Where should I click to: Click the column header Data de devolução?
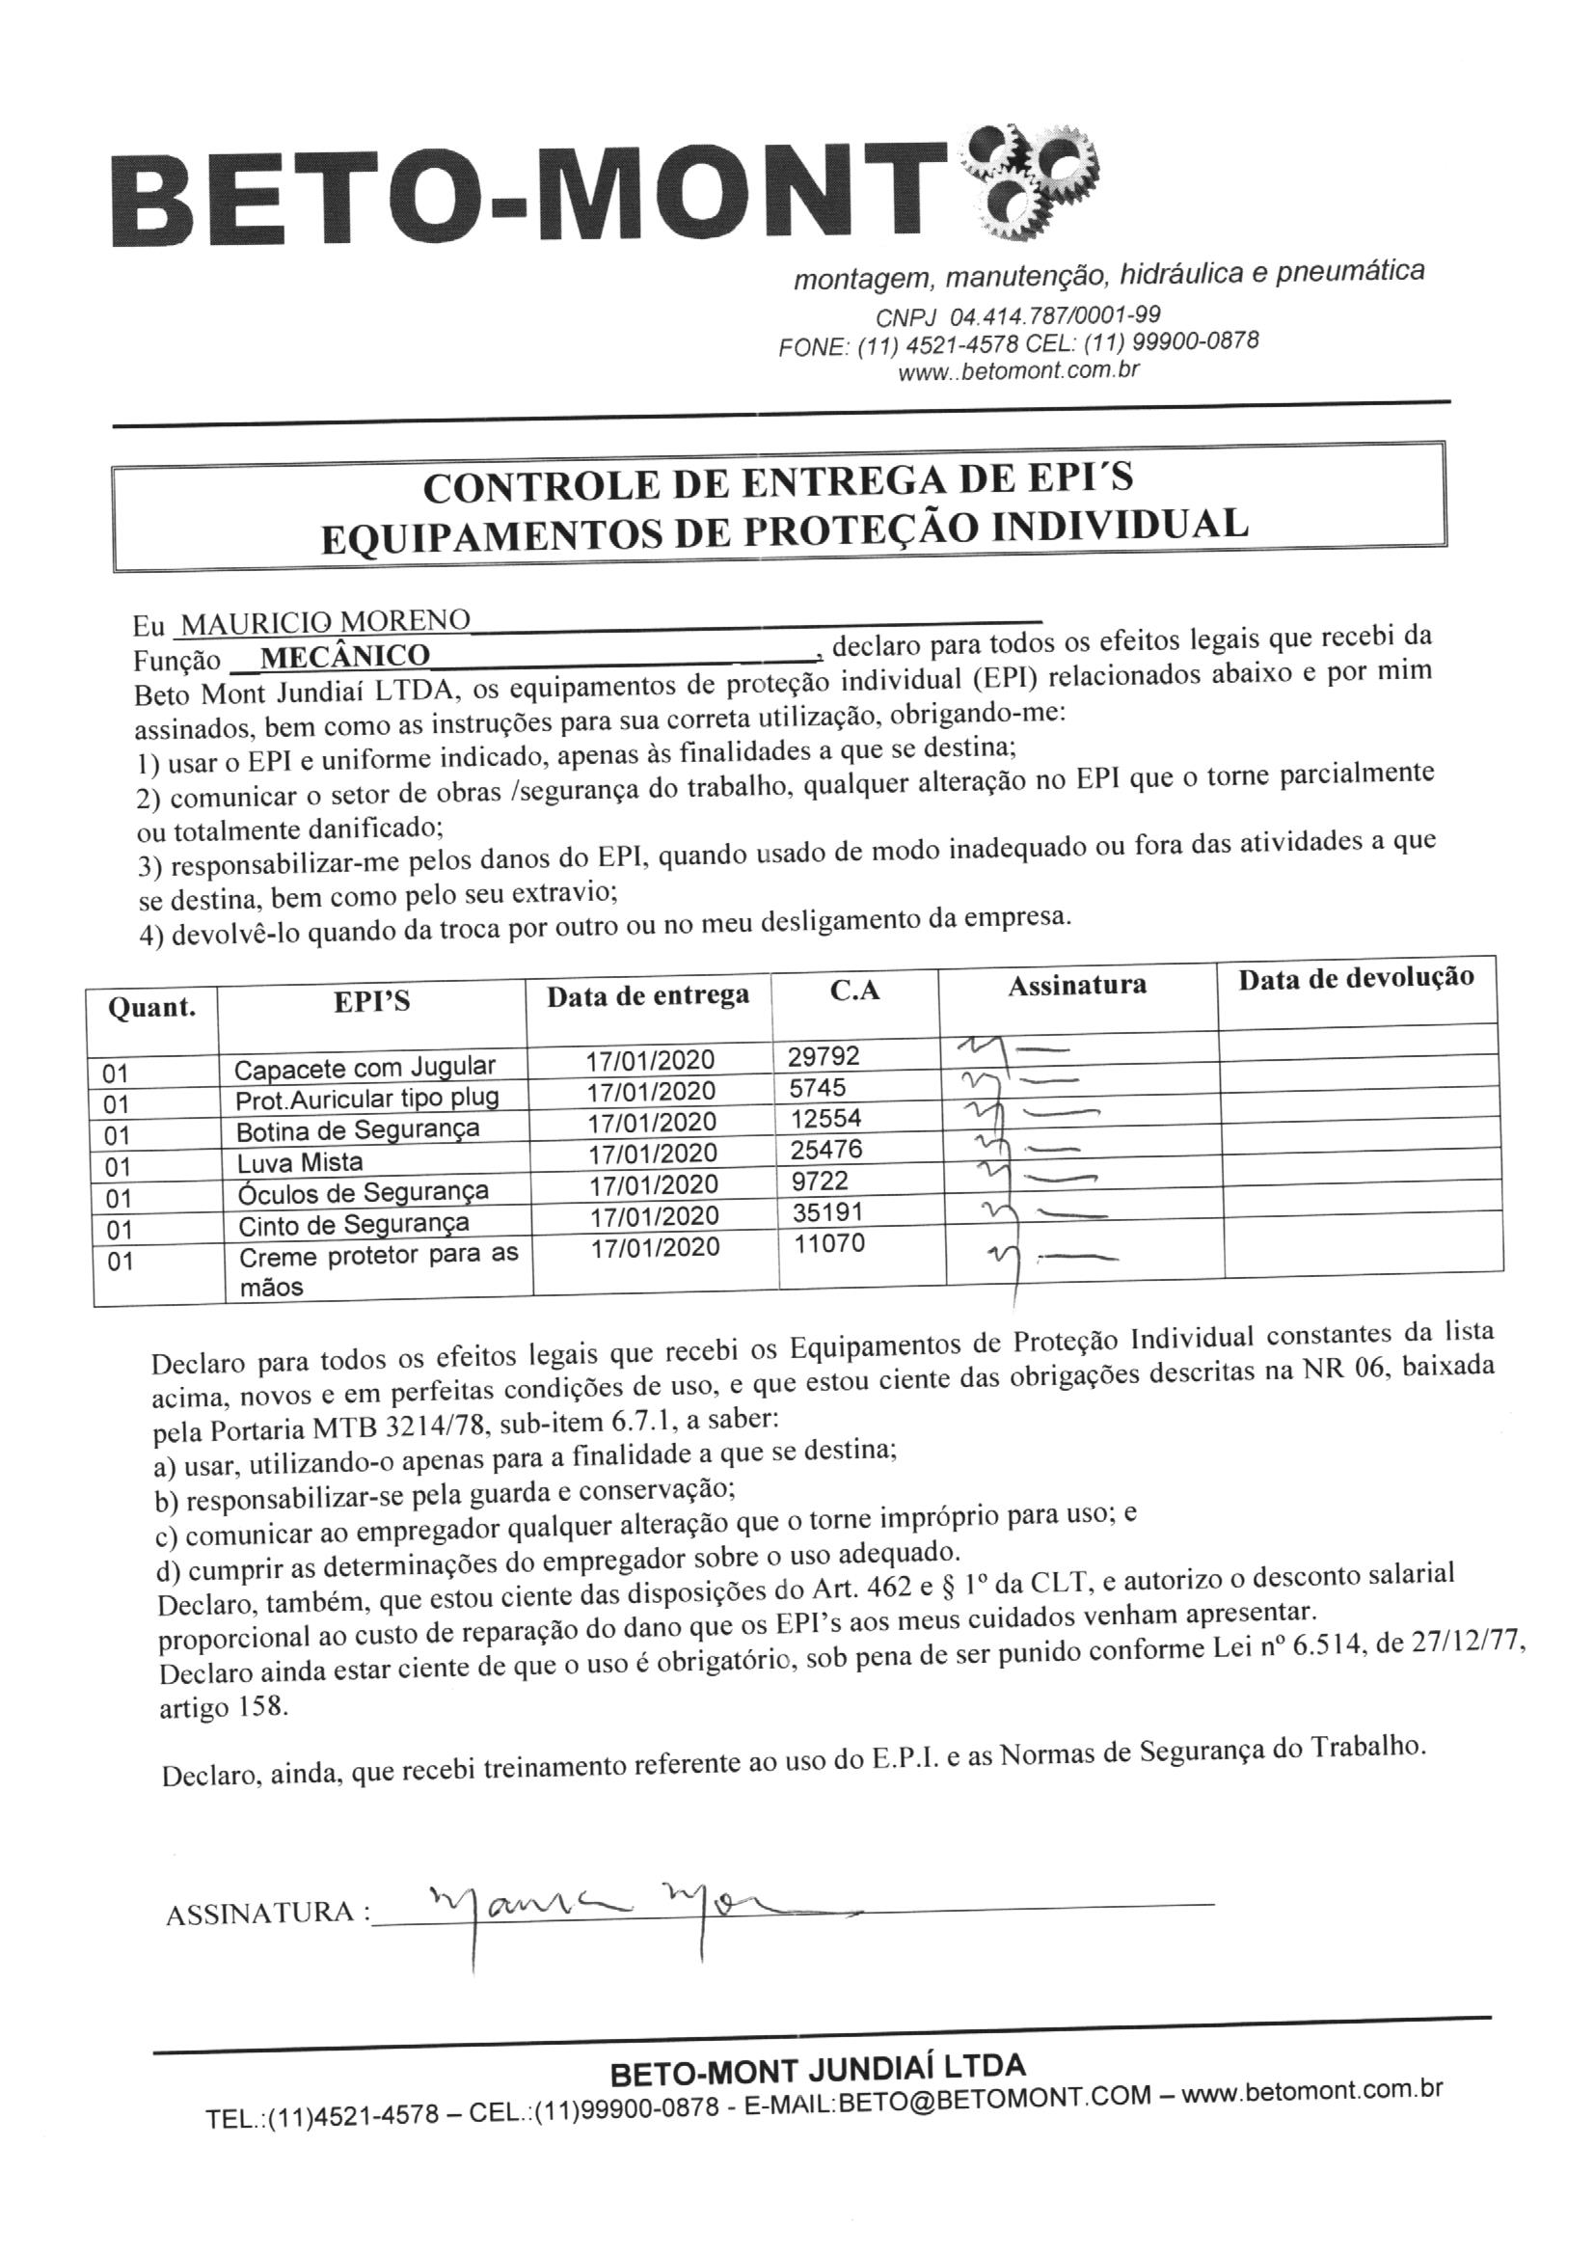(x=1356, y=978)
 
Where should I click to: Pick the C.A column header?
(x=854, y=990)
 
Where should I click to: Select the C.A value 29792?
(x=823, y=1056)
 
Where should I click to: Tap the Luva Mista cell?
(x=300, y=1162)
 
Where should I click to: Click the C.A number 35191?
(x=827, y=1212)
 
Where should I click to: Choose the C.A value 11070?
(x=829, y=1243)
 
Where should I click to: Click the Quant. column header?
(x=151, y=1008)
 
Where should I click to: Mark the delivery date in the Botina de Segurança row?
(x=652, y=1122)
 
